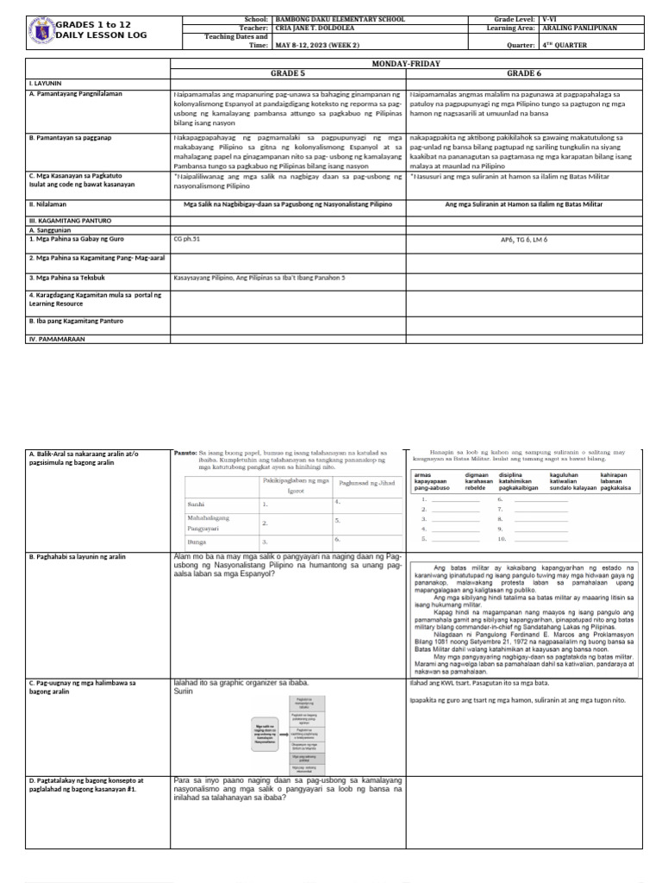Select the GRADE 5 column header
pyautogui.click(x=288, y=74)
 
